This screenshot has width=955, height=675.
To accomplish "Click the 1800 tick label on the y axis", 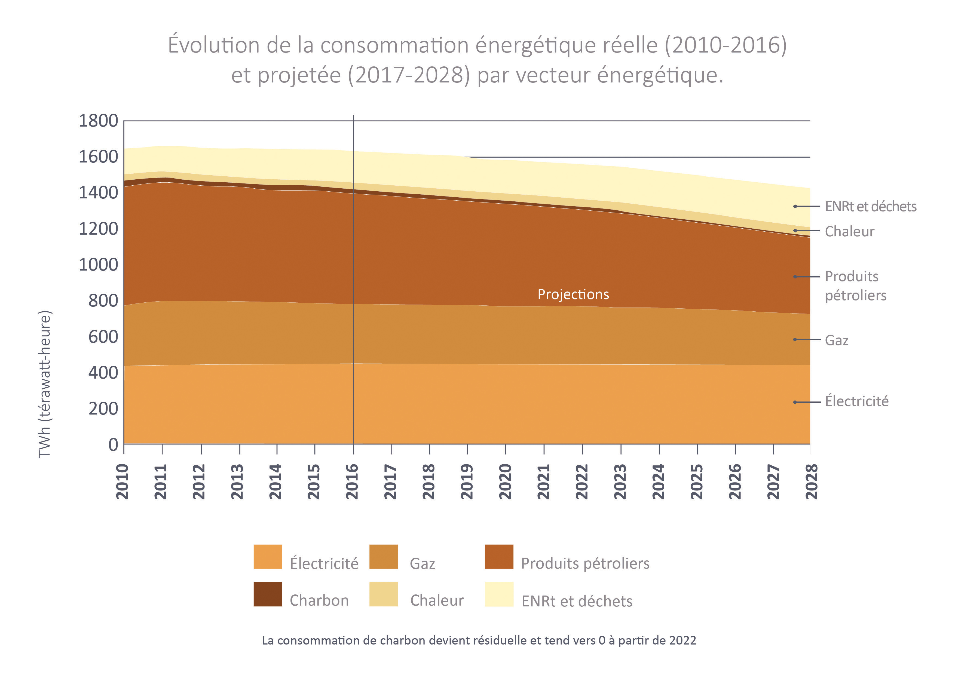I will point(98,121).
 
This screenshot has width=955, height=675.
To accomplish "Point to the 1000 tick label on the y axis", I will point(98,265).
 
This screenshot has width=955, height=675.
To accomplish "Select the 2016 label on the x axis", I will point(352,481).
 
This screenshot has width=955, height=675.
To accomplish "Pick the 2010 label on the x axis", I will point(122,481).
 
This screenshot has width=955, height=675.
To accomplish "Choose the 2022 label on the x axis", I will point(581,481).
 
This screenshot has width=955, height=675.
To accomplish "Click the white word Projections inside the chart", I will point(573,294).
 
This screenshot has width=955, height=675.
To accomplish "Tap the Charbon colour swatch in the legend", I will point(267,594).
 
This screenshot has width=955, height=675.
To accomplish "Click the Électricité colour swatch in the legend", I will point(267,557).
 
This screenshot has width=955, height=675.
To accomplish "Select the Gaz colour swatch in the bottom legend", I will point(383,557).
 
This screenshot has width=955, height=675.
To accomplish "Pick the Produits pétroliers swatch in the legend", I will point(499,557).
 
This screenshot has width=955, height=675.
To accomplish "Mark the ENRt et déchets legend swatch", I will point(499,594).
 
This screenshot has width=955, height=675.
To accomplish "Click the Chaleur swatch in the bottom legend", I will point(383,594).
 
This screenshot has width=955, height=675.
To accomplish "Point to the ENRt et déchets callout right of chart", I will point(870,207).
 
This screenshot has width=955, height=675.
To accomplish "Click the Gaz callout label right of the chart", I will point(837,340).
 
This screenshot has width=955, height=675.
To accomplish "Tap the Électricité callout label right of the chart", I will point(856,401).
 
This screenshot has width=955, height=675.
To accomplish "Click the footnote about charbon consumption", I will point(479,640).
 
